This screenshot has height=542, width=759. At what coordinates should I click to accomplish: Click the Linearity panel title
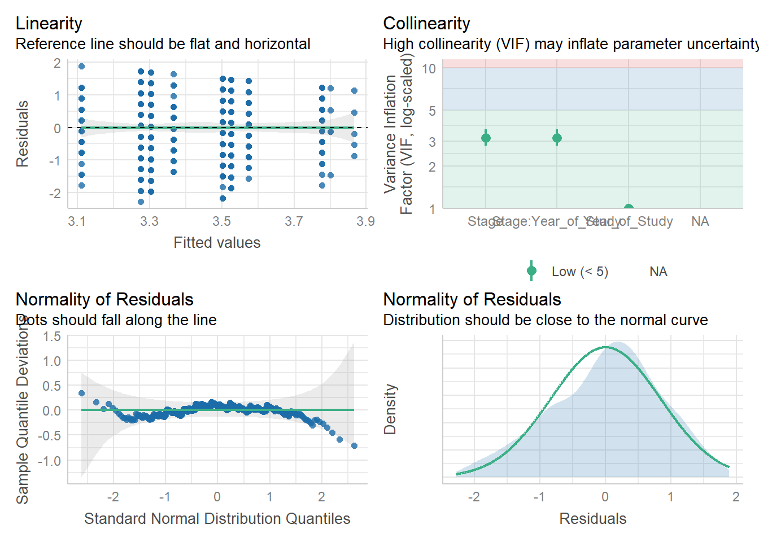(49, 23)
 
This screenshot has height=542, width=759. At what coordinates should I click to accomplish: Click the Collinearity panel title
(426, 23)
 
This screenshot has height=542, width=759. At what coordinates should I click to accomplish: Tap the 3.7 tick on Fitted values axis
(294, 221)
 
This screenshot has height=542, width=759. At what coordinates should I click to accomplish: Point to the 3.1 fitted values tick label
(77, 221)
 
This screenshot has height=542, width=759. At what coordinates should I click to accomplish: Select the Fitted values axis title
(217, 243)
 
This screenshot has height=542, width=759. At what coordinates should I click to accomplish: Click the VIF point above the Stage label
(486, 138)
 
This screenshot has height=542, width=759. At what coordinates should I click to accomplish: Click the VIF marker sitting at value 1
(629, 208)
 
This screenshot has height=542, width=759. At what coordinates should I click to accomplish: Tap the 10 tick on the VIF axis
(429, 69)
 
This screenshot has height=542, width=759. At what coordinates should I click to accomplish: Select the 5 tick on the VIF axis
(432, 111)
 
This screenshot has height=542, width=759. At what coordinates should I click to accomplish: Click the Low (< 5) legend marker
(531, 271)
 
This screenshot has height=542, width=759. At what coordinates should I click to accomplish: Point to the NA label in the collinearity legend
(658, 272)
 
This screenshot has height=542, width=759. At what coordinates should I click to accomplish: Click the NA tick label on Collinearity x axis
(700, 221)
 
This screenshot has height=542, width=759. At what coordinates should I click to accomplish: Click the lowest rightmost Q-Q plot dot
(354, 445)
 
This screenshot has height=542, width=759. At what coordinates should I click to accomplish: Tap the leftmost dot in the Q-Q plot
(81, 394)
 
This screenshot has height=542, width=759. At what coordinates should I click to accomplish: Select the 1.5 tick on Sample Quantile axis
(52, 336)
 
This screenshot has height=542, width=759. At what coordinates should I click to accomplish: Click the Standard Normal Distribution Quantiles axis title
(217, 519)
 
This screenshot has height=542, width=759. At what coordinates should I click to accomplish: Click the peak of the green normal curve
(605, 347)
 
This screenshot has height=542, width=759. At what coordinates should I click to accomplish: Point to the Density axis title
(390, 409)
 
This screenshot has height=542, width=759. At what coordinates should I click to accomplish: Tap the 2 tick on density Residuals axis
(736, 497)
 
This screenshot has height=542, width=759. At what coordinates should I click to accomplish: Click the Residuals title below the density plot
(592, 519)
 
